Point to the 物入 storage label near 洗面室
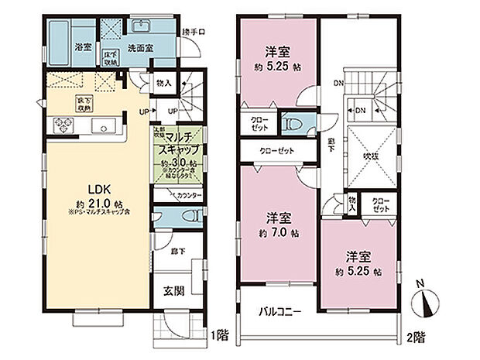[163, 81]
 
